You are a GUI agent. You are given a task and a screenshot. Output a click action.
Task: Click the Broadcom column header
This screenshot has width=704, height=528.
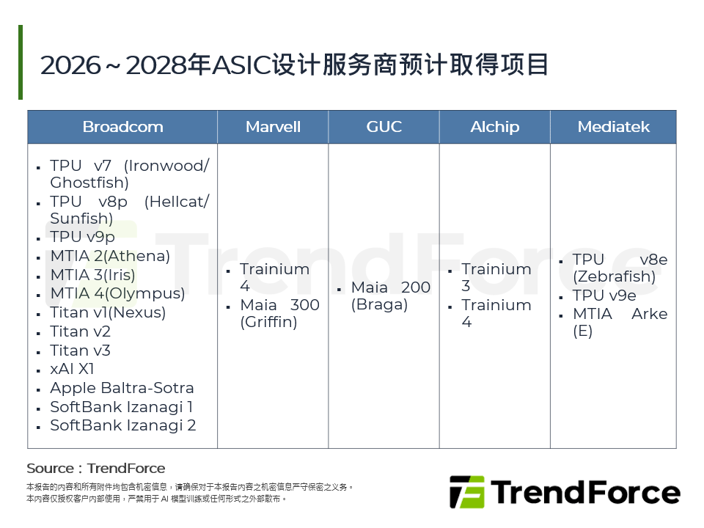pyautogui.click(x=122, y=127)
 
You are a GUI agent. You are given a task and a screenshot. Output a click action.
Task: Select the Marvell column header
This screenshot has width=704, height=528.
pyautogui.click(x=273, y=127)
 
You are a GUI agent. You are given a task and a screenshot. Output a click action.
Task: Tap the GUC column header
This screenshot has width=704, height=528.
pyautogui.click(x=384, y=127)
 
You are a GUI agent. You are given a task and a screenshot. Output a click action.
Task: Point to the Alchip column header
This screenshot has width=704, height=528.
pyautogui.click(x=494, y=127)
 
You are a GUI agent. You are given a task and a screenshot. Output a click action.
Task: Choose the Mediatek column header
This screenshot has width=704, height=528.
pyautogui.click(x=613, y=127)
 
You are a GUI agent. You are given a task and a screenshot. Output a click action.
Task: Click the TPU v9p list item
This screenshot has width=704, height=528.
pyautogui.click(x=82, y=237)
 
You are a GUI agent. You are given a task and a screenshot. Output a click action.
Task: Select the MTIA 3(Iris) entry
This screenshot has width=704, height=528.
pyautogui.click(x=92, y=275)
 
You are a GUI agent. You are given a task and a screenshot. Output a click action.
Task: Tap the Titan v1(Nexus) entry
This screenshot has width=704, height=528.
pyautogui.click(x=108, y=312)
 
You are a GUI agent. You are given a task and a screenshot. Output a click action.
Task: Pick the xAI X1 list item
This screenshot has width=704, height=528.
pyautogui.click(x=72, y=369)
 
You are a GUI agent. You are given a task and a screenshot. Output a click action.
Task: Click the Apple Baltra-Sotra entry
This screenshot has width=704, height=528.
pyautogui.click(x=122, y=388)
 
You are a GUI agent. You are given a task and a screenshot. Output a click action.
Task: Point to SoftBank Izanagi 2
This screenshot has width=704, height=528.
pyautogui.click(x=122, y=425)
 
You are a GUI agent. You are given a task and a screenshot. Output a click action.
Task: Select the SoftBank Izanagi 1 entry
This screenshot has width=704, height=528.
pyautogui.click(x=122, y=407)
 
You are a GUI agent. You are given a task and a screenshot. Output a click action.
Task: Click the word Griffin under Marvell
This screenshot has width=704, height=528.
pyautogui.click(x=268, y=323)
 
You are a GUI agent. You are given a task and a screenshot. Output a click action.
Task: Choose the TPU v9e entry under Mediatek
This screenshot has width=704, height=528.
pyautogui.click(x=604, y=296)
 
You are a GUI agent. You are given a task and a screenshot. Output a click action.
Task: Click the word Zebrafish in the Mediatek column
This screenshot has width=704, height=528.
pyautogui.click(x=614, y=277)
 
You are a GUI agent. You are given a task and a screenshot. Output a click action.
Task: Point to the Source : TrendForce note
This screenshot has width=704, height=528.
pyautogui.click(x=96, y=469)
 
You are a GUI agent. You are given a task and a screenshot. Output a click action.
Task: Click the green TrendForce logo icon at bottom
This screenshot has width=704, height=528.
pyautogui.click(x=466, y=492)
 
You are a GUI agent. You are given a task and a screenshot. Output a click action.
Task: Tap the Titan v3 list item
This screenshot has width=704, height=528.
pyautogui.click(x=80, y=351)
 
